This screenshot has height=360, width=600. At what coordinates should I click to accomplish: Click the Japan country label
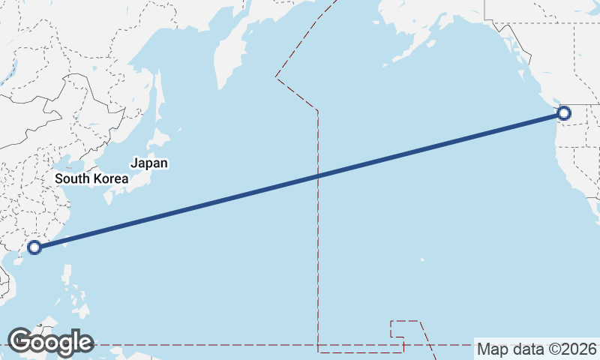point(149,163)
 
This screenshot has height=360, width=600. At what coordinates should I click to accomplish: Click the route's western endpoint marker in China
point(34,247)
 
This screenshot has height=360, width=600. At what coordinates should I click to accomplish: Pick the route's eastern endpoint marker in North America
point(564,113)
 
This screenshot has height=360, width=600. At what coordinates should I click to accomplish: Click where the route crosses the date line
point(318,176)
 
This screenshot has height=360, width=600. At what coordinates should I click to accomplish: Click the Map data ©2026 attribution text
point(536,349)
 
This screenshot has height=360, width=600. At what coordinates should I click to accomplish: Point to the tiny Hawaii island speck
point(422,259)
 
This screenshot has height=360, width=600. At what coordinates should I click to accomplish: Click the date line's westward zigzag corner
point(277,76)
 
